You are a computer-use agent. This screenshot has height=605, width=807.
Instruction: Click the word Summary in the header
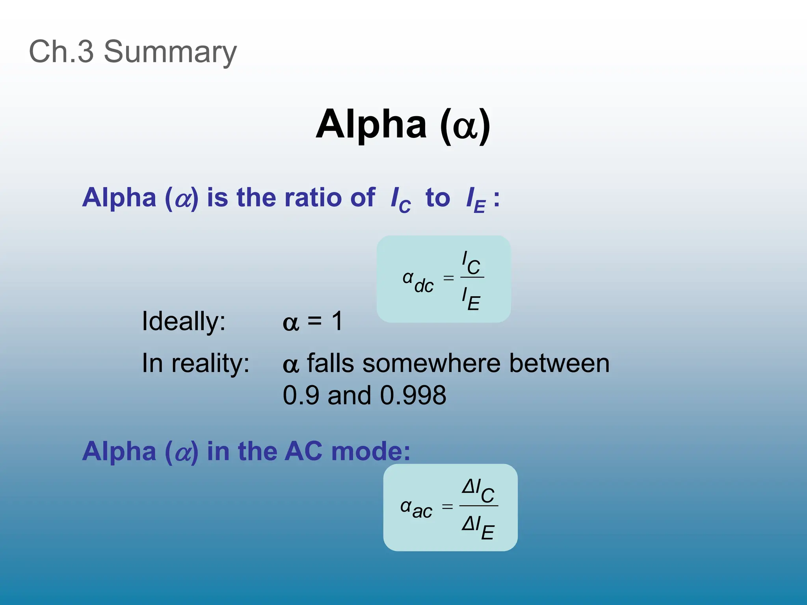click(170, 52)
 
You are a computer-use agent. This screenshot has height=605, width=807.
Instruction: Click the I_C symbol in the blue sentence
click(400, 200)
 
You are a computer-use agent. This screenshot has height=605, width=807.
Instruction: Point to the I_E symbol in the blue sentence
click(475, 200)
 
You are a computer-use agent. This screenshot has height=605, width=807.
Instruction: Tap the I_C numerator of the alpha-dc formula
click(471, 263)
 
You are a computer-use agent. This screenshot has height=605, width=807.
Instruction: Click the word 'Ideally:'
click(184, 321)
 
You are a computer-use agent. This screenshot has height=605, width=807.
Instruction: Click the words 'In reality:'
click(195, 363)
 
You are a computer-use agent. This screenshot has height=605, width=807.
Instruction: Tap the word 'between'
click(559, 363)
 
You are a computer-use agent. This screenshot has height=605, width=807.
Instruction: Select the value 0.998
click(413, 395)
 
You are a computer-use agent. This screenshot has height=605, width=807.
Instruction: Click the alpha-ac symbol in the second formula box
click(416, 508)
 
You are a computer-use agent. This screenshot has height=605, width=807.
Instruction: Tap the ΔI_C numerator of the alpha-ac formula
click(478, 490)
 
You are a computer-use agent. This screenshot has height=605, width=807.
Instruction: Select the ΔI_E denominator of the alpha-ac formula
click(478, 527)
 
